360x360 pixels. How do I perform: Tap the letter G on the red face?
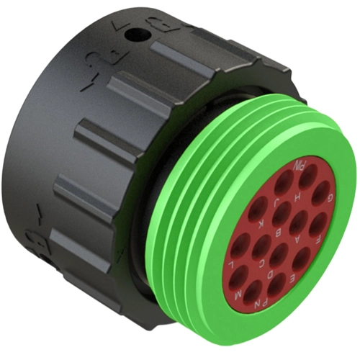pos(329,197)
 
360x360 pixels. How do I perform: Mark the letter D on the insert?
pos(295,273)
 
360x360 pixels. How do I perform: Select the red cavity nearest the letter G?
pos(317,192)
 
